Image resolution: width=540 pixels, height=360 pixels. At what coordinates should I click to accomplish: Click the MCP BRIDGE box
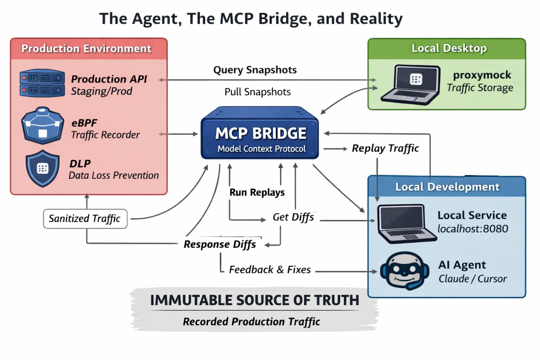click(260, 135)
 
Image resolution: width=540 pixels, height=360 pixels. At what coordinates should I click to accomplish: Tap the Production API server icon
click(42, 83)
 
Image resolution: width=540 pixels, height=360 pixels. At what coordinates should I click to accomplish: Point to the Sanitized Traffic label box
click(85, 219)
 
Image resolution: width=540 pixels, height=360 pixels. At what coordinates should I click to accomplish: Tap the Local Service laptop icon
click(406, 224)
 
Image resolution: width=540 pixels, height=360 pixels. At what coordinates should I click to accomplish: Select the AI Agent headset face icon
click(405, 271)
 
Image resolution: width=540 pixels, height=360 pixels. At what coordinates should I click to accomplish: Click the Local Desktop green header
click(447, 49)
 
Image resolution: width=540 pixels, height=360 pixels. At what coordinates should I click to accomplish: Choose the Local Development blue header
click(447, 187)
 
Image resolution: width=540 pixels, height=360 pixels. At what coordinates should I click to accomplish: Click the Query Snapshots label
click(255, 70)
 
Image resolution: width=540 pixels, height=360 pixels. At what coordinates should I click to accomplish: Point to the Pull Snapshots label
click(257, 92)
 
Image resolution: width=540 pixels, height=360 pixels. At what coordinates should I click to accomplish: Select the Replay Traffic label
click(385, 148)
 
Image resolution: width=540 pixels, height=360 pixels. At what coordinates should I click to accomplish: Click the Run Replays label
click(257, 192)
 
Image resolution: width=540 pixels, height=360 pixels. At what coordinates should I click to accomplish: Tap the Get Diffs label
click(293, 217)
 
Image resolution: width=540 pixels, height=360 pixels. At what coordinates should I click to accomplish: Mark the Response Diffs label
click(220, 244)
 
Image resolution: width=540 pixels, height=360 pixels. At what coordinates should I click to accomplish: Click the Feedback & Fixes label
click(270, 270)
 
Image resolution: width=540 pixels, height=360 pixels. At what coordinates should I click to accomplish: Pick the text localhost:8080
click(472, 229)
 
